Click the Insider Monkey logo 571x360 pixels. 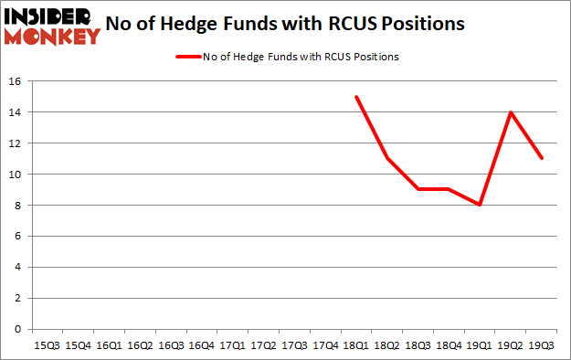(51, 26)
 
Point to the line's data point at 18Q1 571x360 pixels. (357, 97)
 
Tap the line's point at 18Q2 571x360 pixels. (388, 159)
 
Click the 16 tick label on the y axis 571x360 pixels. (16, 81)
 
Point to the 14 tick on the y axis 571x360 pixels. (16, 112)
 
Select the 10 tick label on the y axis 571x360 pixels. (16, 175)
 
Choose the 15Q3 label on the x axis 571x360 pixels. (47, 344)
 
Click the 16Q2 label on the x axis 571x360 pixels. (140, 344)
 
